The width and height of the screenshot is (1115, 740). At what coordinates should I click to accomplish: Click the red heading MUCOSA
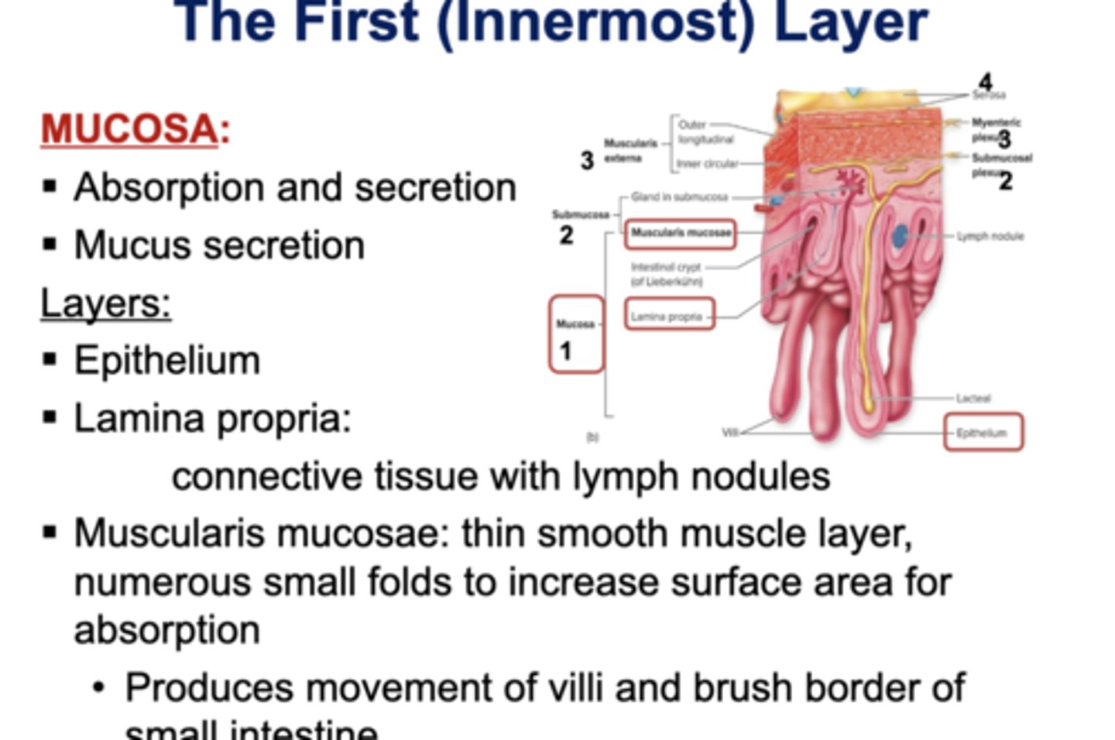(x=129, y=128)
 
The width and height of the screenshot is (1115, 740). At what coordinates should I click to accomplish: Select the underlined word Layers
(x=105, y=303)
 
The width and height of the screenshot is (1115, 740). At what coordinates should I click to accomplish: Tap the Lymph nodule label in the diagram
(x=990, y=236)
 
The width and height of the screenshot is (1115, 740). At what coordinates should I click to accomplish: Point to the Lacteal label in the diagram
(x=973, y=398)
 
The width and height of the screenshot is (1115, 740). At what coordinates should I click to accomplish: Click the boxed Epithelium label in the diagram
(x=982, y=433)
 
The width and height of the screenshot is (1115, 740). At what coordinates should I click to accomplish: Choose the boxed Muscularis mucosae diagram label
(x=681, y=233)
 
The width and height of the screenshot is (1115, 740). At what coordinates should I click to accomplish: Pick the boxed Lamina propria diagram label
(x=667, y=316)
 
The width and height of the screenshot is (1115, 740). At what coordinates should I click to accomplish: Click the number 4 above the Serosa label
(x=985, y=82)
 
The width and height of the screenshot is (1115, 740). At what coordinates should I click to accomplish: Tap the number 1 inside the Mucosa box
(x=565, y=351)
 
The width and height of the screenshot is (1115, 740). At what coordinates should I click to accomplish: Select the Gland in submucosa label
(x=679, y=197)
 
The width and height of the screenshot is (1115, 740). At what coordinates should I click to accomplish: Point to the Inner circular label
(x=707, y=164)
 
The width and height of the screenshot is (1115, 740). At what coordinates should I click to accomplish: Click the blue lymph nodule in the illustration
(x=901, y=235)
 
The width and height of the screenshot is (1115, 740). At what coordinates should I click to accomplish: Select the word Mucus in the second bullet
(x=122, y=245)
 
